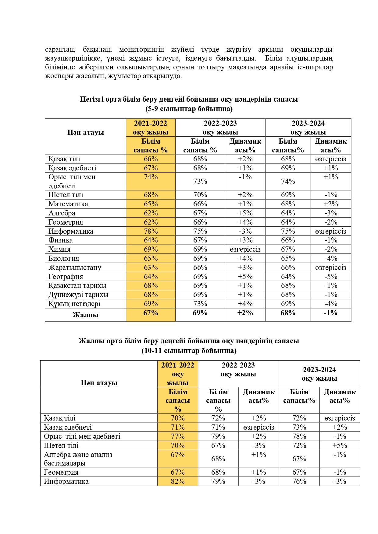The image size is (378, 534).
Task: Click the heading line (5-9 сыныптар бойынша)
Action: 189,109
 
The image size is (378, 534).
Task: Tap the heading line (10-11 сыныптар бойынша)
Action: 189,350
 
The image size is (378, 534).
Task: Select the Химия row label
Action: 59,249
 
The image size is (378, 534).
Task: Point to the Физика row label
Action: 61,240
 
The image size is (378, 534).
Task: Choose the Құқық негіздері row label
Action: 74,304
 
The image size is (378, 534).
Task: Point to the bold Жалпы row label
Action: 85,315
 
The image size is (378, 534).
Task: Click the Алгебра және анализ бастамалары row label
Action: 78,459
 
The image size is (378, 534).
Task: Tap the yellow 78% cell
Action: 151,231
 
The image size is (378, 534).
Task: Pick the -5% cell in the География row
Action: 330,277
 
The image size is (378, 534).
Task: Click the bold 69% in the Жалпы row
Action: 200,313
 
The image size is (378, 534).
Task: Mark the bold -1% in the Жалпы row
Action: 330,313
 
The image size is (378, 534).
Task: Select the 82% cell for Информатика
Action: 178,481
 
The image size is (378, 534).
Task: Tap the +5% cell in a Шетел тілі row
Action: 340,445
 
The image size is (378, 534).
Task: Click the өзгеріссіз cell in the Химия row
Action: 245,249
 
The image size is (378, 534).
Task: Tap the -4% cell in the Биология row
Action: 330,258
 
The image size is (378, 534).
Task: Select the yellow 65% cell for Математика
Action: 151,204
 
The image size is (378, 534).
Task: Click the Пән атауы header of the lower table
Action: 99,383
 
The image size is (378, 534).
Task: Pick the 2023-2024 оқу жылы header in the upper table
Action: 308,127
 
